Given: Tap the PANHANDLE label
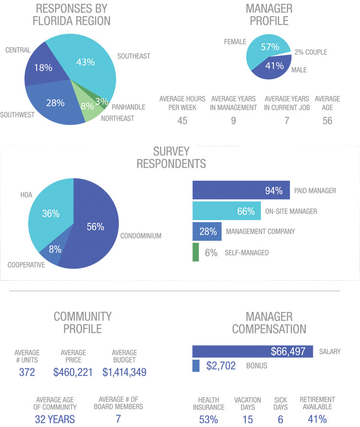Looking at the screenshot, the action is point(128,107).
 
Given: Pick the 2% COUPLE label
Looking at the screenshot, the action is point(311,52).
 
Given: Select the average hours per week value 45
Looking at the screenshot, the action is point(182,121).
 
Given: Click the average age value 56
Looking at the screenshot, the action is point(327,121).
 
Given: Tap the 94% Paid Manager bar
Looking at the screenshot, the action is point(241,190).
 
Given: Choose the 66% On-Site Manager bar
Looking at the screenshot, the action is point(227,211).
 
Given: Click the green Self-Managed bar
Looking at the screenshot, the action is point(196,252).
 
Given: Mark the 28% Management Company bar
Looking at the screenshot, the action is point(207,231).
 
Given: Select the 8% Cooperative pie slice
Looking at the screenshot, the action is point(52,253).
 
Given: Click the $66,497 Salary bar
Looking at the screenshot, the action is point(252,351).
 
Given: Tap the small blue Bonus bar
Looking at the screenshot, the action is point(196,366).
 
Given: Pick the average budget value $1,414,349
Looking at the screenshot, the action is point(124,372).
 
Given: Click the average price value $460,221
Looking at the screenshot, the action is point(73,372).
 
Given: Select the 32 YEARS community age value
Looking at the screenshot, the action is point(55,419).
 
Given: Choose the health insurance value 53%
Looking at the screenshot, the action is point(208,419).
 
